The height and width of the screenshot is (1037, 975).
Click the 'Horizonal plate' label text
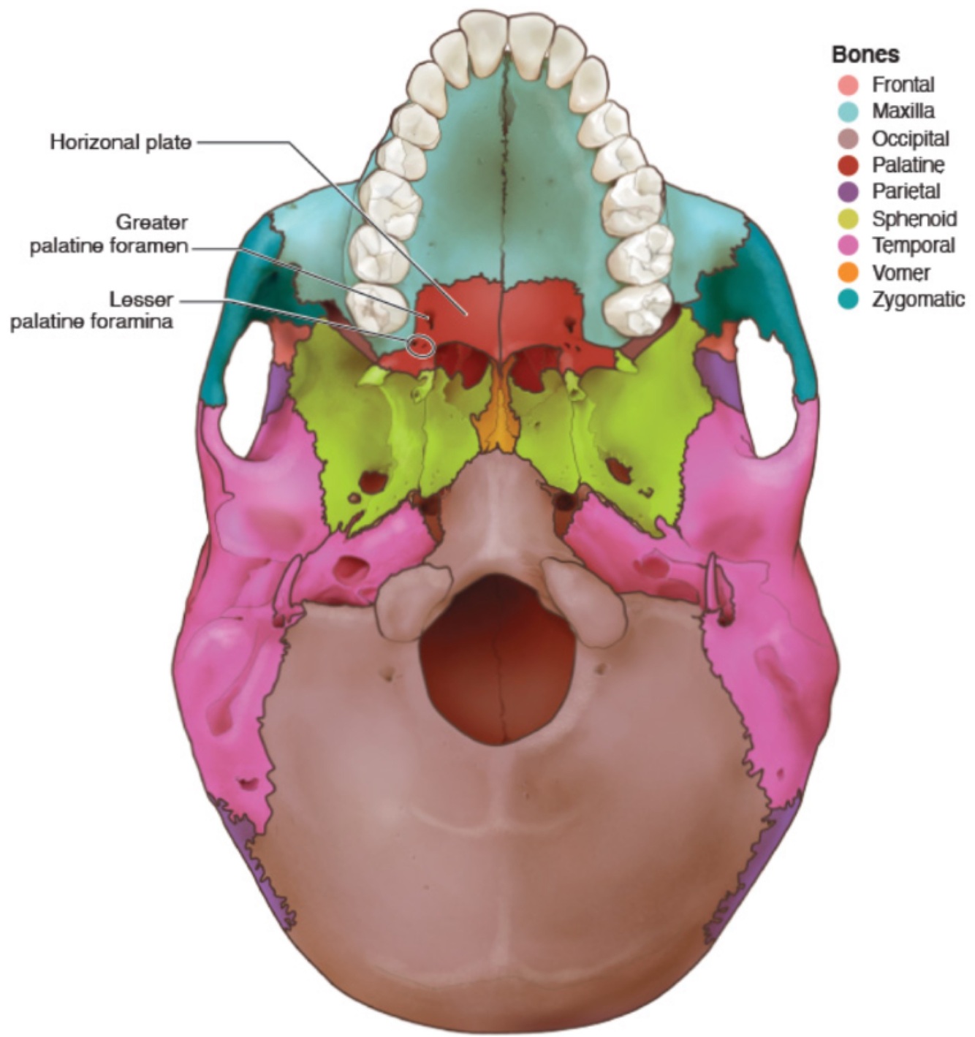(121, 142)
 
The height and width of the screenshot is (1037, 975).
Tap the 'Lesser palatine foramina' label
(91, 310)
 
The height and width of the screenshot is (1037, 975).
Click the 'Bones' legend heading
(865, 55)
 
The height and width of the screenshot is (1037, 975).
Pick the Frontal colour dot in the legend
(848, 85)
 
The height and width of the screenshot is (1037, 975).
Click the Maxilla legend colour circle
(848, 112)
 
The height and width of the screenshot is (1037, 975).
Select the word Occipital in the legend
(910, 139)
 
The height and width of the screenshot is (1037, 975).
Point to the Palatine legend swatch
(848, 165)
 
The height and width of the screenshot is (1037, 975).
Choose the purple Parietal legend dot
(848, 192)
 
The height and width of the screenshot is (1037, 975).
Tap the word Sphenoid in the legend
(914, 219)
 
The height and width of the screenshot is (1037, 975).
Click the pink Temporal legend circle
(848, 246)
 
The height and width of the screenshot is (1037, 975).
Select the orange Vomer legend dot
(848, 273)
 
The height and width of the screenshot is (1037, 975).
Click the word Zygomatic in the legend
(918, 299)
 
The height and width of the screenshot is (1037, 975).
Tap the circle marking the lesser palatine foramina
(420, 345)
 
